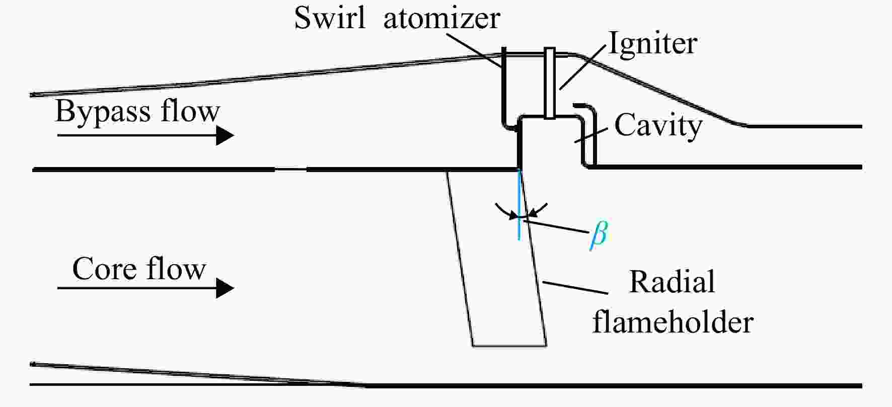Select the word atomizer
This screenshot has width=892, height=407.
pyautogui.click(x=441, y=19)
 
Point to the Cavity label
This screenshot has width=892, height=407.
pyautogui.click(x=658, y=126)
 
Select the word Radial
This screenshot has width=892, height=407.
pyautogui.click(x=672, y=282)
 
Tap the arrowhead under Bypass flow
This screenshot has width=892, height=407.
pyautogui.click(x=225, y=135)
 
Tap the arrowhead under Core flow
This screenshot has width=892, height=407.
pyautogui.click(x=225, y=288)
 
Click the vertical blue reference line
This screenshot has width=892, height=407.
pyautogui.click(x=518, y=204)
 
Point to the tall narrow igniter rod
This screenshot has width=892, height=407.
pyautogui.click(x=550, y=84)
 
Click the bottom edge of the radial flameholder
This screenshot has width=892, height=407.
pyautogui.click(x=509, y=346)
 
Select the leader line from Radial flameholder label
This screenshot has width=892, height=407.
pyautogui.click(x=575, y=287)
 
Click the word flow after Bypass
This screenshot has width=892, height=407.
pyautogui.click(x=190, y=111)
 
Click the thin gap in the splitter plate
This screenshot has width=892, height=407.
pyautogui.click(x=290, y=170)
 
